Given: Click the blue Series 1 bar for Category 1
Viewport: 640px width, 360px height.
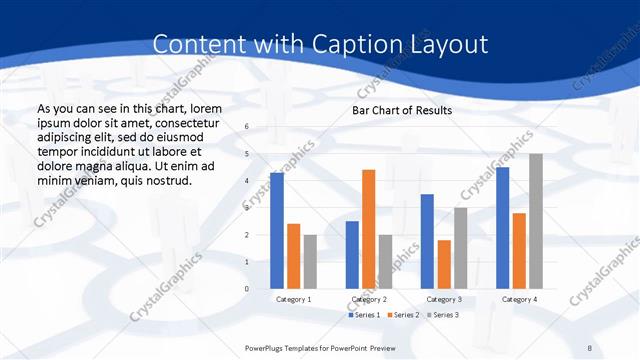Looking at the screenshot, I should (x=277, y=231).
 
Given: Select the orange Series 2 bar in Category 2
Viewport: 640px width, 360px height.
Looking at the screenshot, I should (x=368, y=229).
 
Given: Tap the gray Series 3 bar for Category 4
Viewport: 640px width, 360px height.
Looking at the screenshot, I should (x=536, y=221).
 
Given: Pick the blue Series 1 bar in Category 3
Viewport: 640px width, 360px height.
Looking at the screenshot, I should (x=427, y=241).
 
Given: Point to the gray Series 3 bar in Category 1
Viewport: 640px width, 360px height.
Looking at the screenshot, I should (x=310, y=262).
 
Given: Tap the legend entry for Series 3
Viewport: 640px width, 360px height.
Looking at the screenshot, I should (x=442, y=315).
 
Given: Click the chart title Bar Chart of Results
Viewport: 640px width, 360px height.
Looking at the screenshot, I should (x=402, y=110).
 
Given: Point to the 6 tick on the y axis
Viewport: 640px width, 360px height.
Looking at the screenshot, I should (x=247, y=126).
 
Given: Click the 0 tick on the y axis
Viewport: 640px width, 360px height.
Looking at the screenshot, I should (x=247, y=289).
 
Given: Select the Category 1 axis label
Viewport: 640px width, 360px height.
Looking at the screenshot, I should (x=293, y=299).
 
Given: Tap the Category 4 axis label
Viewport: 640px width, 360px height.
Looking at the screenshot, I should (x=519, y=299).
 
